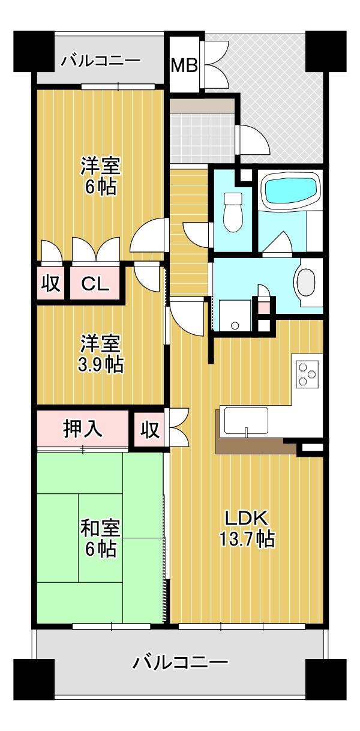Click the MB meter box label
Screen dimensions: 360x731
(184, 66)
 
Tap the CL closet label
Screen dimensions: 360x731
(95, 284)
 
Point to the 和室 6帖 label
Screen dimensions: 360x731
(100, 538)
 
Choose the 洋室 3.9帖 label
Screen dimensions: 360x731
(100, 354)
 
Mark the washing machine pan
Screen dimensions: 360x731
(235, 315)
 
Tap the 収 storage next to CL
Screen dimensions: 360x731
(50, 284)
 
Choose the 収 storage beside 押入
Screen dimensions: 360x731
(151, 429)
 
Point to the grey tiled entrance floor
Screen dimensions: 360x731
(203, 137)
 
